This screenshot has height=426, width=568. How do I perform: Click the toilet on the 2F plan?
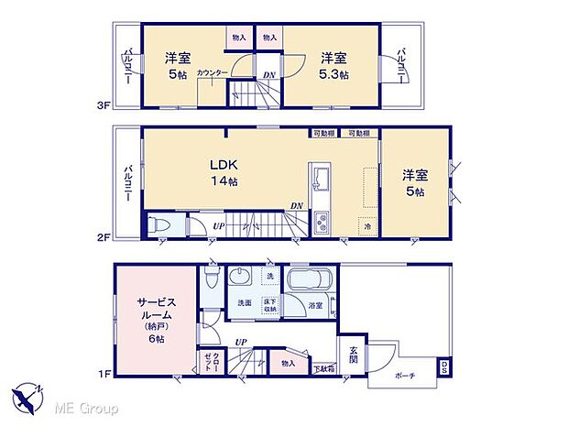pyautogui.click(x=159, y=225)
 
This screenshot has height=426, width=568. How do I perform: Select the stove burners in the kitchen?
pyautogui.click(x=322, y=221)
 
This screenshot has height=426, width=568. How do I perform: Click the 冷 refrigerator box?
pyautogui.click(x=365, y=225)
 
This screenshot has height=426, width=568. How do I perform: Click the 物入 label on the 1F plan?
pyautogui.click(x=289, y=364)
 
